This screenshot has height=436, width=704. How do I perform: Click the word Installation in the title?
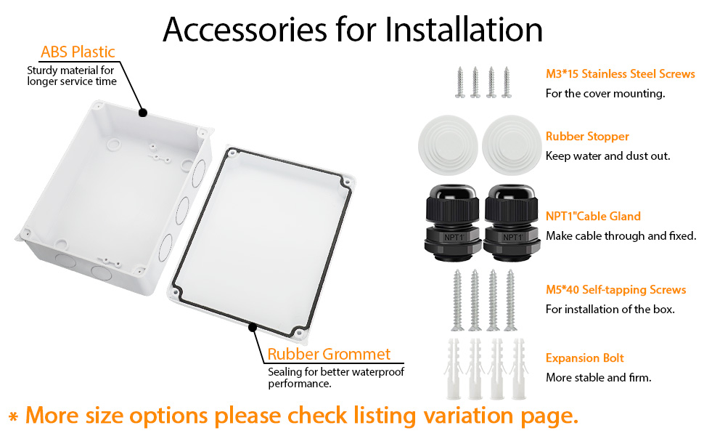pos(464,29)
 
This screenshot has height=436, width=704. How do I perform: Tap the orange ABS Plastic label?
pos(78,52)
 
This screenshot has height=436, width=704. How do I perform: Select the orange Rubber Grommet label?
pos(329,355)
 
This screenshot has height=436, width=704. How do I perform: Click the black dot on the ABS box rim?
pos(143,113)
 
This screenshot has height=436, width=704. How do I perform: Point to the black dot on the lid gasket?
pos(253,327)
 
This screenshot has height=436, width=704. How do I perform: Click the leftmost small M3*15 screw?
pos(459,81)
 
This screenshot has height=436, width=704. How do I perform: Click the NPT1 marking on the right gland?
pos(513,237)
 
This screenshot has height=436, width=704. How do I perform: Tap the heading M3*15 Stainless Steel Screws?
pos(620,74)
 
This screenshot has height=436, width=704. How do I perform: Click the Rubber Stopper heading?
pos(587,137)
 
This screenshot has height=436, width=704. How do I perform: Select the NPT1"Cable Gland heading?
pos(593,217)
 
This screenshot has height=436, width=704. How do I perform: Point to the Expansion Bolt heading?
pos(584,358)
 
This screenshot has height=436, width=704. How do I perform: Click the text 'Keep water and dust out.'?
pos(607,156)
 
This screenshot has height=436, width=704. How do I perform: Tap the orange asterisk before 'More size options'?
pos(13,417)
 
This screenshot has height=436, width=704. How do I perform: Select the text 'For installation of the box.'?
pos(610,309)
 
